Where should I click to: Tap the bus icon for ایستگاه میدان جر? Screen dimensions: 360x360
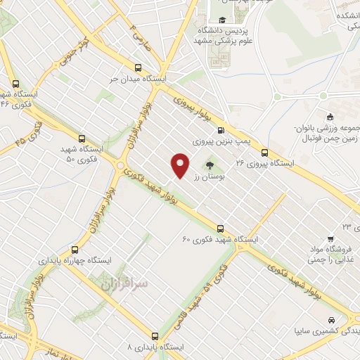point(138,69)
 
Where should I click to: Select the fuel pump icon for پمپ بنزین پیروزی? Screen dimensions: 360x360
point(221,130)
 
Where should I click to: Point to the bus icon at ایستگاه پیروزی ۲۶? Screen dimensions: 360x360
point(264,153)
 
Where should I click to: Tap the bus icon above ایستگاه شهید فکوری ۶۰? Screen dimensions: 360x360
point(221,229)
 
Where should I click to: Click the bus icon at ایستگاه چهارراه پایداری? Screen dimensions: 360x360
point(75,250)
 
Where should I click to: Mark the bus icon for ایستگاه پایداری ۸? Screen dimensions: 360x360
point(155,336)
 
